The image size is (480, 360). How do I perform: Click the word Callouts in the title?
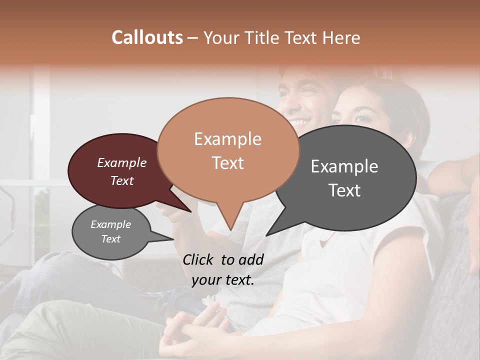coord(147,37)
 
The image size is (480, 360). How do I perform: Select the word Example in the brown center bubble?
coord(227,139)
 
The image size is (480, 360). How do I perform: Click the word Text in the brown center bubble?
coord(227,163)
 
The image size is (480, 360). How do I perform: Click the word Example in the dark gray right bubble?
coord(344,166)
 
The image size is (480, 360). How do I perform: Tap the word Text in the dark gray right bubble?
coord(344,190)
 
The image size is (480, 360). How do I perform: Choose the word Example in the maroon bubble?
coord(122,163)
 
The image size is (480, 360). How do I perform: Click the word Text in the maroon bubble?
coord(122,181)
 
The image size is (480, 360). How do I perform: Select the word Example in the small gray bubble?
coord(110,224)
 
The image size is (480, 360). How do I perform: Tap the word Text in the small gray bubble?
coord(110,239)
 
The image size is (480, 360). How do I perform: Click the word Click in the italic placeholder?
coord(199,259)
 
